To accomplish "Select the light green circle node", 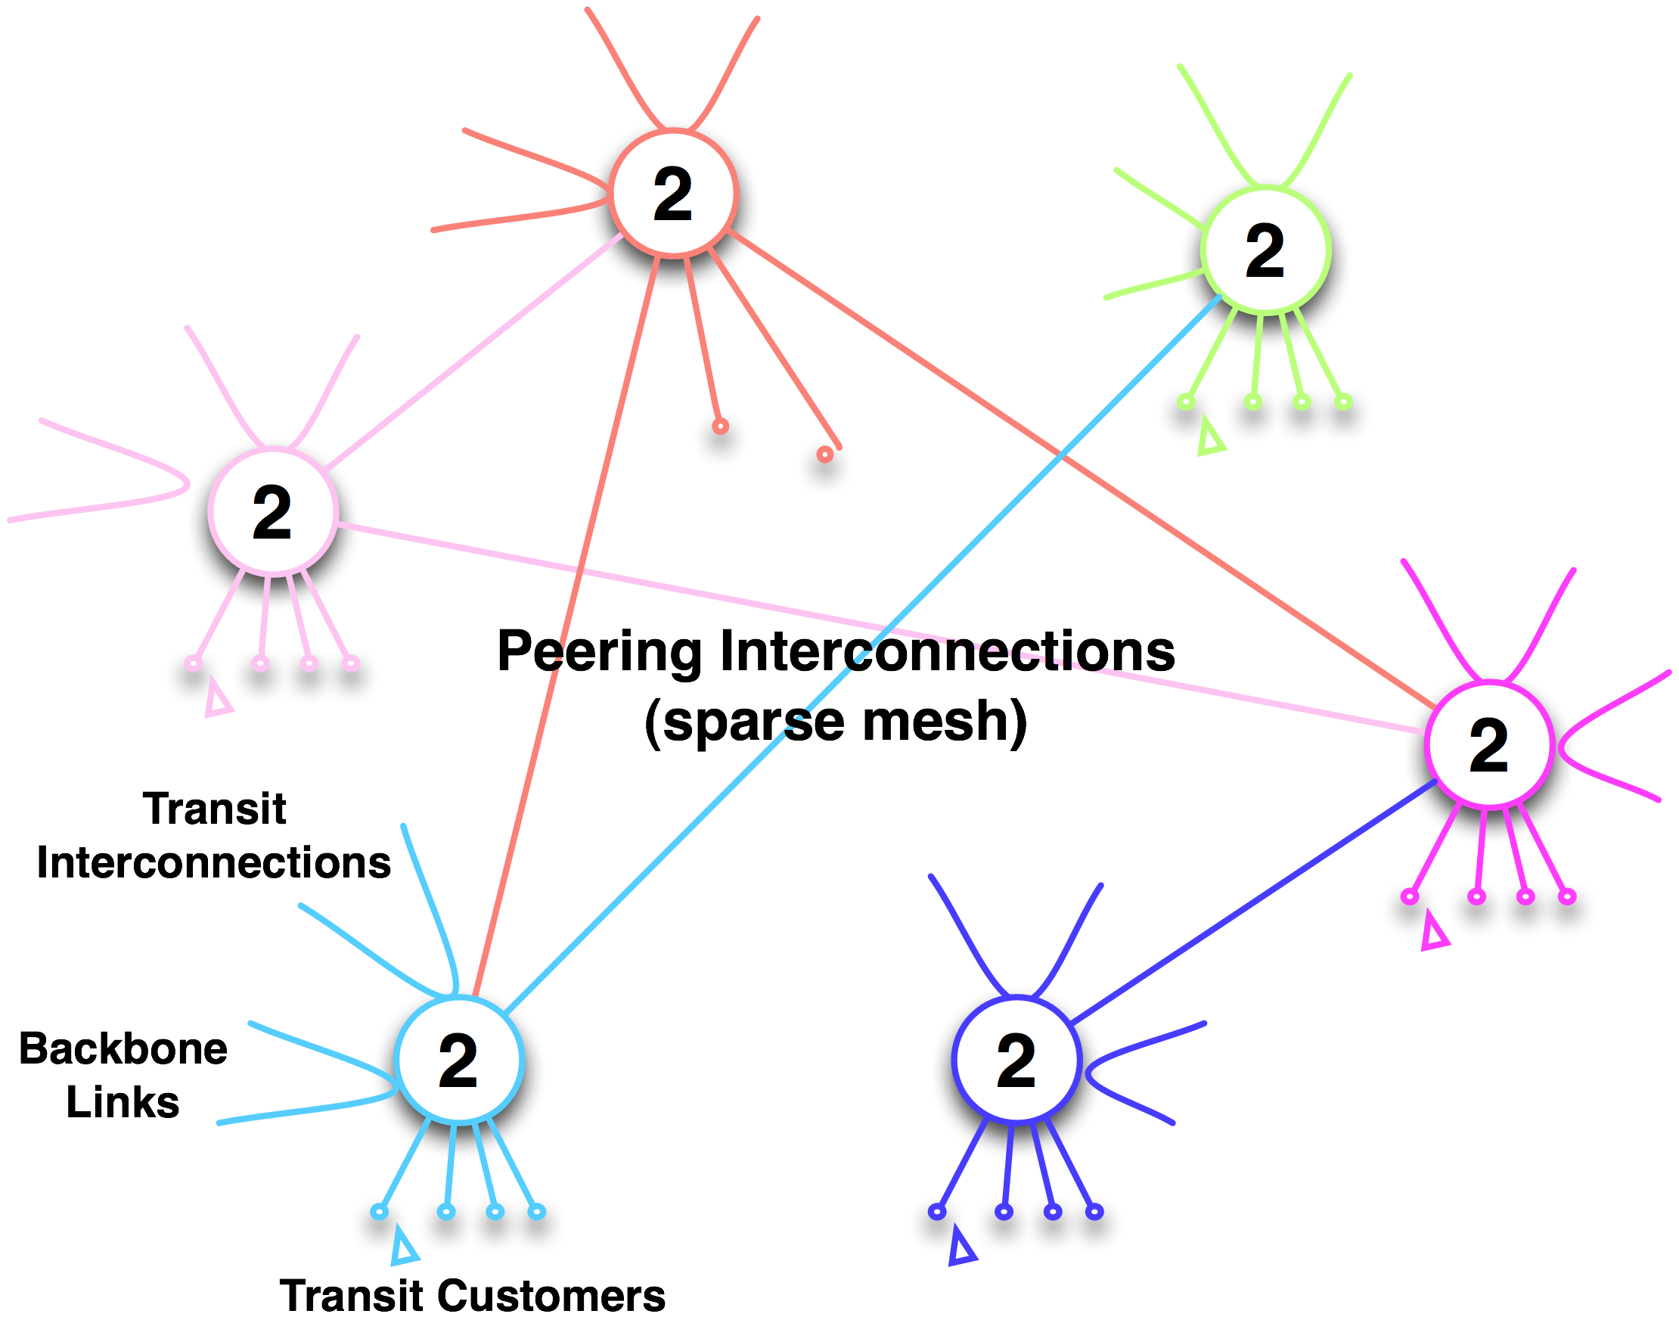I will click(1266, 249).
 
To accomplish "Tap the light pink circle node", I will click(273, 511).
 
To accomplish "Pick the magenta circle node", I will click(1489, 744).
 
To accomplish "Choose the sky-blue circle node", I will click(459, 1059).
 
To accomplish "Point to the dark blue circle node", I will click(1016, 1059).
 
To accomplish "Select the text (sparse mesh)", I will click(835, 721).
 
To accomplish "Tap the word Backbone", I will click(123, 1048).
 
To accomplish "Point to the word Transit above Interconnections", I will click(215, 809).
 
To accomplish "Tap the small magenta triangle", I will click(1434, 936).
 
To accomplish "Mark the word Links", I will click(123, 1102).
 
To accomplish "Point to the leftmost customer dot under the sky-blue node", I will click(380, 1211).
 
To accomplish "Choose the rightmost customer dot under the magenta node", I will click(1567, 896).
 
